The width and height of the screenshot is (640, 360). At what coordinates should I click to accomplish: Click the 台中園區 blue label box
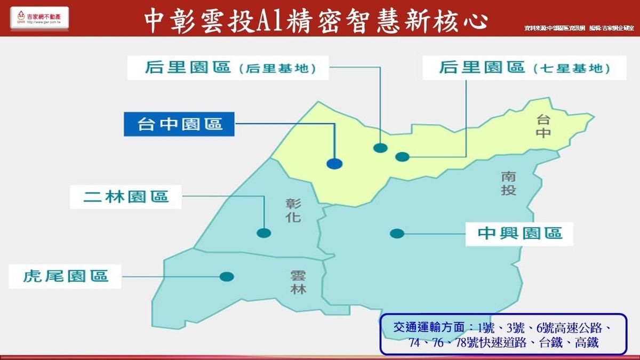coord(180,124)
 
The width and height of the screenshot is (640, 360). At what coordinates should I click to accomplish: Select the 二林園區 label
coord(126,196)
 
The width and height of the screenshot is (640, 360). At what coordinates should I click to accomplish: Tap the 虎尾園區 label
coord(66,276)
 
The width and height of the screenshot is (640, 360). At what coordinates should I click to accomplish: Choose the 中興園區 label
coord(519,233)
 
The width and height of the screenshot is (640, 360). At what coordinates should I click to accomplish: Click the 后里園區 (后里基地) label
coord(228,68)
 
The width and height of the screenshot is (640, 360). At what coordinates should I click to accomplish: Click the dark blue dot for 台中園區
coord(334,164)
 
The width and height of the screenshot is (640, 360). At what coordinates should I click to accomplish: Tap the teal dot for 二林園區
coord(263,233)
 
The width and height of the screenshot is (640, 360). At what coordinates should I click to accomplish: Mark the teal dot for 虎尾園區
coord(227,276)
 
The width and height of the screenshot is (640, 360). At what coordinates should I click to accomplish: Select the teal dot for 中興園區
coord(396,233)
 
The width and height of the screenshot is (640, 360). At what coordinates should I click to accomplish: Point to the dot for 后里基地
coord(380,148)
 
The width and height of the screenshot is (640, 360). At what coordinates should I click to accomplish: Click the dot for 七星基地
coord(402,156)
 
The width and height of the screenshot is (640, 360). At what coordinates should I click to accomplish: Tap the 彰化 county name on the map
coord(293,210)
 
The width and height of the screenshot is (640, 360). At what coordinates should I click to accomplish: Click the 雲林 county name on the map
coord(299,283)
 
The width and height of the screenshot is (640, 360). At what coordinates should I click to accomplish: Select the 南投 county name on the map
coord(508,182)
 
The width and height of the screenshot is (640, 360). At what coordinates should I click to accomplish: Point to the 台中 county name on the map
coord(543,126)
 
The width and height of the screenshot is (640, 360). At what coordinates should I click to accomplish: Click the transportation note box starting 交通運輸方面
coord(503,334)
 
